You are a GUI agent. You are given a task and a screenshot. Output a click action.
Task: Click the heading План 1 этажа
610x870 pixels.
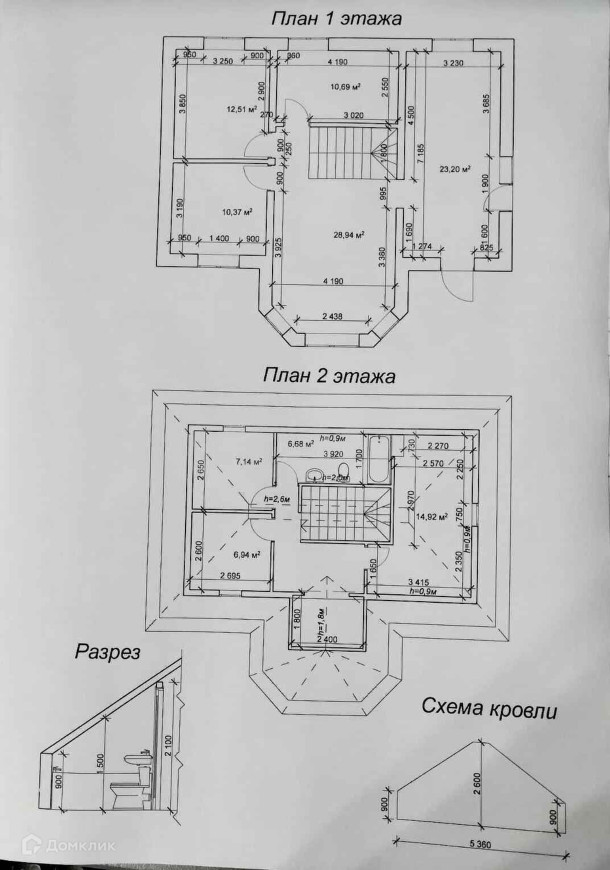click(336, 18)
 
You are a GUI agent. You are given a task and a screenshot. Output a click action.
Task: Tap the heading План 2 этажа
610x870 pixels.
click(329, 376)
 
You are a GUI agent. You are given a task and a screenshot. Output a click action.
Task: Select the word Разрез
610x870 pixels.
click(108, 651)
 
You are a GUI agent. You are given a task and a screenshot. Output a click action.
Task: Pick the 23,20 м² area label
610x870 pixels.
click(455, 169)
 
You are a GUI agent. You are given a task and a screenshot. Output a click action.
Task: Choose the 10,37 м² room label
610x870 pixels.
click(237, 212)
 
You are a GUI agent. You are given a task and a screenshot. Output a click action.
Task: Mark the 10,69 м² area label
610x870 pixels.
click(347, 87)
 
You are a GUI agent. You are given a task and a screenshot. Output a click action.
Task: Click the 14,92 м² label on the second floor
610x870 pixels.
click(431, 517)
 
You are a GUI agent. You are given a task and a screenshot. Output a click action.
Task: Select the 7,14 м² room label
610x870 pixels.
click(248, 462)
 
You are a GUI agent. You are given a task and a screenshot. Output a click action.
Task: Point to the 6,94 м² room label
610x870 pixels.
click(247, 554)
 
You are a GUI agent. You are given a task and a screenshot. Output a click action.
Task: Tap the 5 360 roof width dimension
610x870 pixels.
click(480, 845)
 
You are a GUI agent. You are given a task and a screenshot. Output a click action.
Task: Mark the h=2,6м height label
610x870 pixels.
click(277, 499)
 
